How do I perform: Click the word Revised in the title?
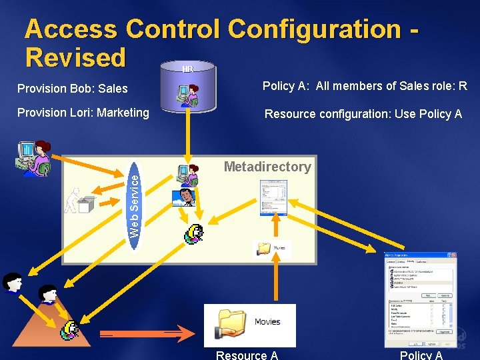(x=75, y=57)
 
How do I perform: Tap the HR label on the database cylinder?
(x=188, y=69)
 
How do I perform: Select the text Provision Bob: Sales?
(x=73, y=88)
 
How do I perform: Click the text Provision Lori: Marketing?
(x=83, y=113)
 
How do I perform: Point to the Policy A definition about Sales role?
(x=365, y=85)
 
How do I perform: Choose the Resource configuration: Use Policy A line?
(x=363, y=114)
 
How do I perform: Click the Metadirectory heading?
(x=267, y=167)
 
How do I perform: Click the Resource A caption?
(x=247, y=355)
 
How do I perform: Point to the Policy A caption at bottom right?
(x=421, y=355)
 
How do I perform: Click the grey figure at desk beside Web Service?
(x=81, y=201)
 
